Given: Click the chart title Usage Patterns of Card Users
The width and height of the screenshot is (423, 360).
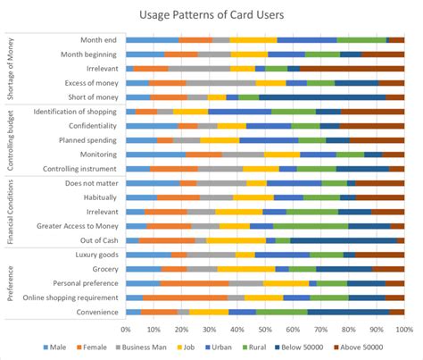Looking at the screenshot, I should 211,14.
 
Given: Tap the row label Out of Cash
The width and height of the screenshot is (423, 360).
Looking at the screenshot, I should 97,239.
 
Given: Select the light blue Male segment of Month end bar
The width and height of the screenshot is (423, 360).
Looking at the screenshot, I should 152,40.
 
